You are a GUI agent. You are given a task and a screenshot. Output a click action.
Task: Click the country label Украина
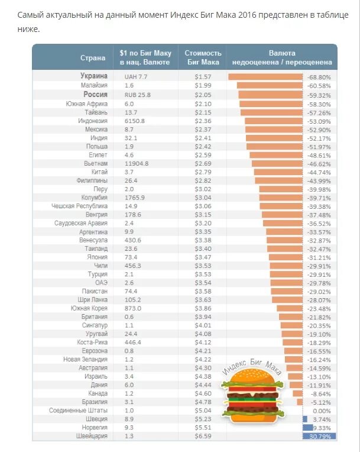click(x=94, y=76)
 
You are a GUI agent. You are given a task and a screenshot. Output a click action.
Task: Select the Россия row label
click(x=95, y=95)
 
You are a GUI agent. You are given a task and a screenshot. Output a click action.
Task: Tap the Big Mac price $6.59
click(x=203, y=436)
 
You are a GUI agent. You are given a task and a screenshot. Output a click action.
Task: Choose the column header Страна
click(x=93, y=58)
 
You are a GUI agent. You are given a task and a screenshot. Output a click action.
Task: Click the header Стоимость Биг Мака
click(x=203, y=57)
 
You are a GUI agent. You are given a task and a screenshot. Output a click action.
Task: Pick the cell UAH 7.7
click(x=135, y=77)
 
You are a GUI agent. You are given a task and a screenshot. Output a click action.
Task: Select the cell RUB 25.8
click(x=137, y=95)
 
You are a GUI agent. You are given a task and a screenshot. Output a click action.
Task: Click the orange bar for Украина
click(x=265, y=77)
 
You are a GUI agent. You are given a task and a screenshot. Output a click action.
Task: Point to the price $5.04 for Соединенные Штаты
click(x=203, y=410)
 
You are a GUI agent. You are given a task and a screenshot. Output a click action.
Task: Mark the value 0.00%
click(x=322, y=410)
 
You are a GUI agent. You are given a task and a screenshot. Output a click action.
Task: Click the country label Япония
click(x=98, y=257)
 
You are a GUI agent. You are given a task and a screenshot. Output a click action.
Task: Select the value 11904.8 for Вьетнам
click(x=137, y=163)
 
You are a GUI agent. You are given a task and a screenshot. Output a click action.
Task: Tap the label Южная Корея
click(x=89, y=308)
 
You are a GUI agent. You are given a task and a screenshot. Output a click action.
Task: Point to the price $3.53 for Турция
click(x=203, y=274)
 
